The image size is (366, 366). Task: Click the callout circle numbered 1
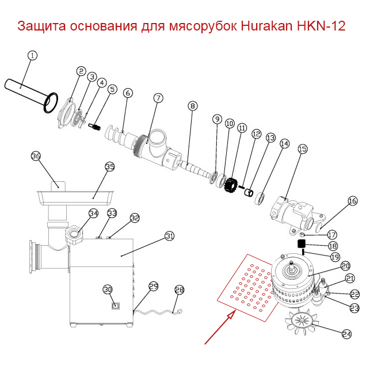point(32,56)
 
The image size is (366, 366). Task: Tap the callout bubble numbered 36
point(36,156)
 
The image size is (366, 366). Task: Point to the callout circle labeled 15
point(302,149)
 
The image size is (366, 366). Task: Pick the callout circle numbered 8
point(192,105)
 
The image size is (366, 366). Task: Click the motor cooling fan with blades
point(302,325)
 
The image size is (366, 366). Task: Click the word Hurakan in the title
point(263,26)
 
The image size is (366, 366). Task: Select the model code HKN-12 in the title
point(318,26)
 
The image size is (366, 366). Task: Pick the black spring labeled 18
point(300,245)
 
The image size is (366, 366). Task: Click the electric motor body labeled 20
point(293,282)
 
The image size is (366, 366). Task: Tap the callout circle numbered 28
point(180,290)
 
